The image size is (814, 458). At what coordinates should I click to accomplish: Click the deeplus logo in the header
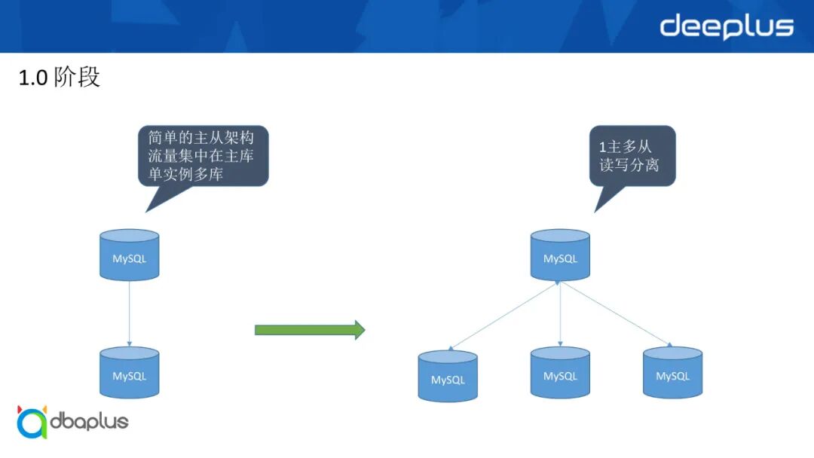click(726, 27)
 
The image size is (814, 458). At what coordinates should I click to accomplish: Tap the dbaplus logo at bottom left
click(73, 422)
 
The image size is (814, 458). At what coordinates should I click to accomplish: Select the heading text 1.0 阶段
click(59, 78)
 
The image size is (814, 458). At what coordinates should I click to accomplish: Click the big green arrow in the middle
click(310, 330)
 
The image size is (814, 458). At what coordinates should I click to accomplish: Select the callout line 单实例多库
click(185, 175)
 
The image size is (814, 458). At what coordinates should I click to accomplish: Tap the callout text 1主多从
click(625, 147)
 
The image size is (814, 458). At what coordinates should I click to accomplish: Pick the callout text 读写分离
click(629, 165)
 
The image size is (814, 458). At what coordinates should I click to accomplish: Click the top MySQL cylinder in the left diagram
click(130, 256)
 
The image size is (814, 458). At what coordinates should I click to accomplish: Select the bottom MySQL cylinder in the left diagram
click(130, 373)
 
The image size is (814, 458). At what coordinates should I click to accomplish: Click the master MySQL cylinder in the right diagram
click(560, 256)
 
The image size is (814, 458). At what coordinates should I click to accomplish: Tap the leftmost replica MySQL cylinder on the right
click(448, 377)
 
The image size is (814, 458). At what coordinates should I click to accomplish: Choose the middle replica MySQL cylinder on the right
click(560, 373)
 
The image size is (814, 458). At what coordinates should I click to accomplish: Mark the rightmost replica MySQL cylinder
click(672, 373)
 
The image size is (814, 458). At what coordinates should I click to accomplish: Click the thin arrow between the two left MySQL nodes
click(130, 313)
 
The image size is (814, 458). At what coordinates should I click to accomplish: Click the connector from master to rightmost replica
click(614, 313)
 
